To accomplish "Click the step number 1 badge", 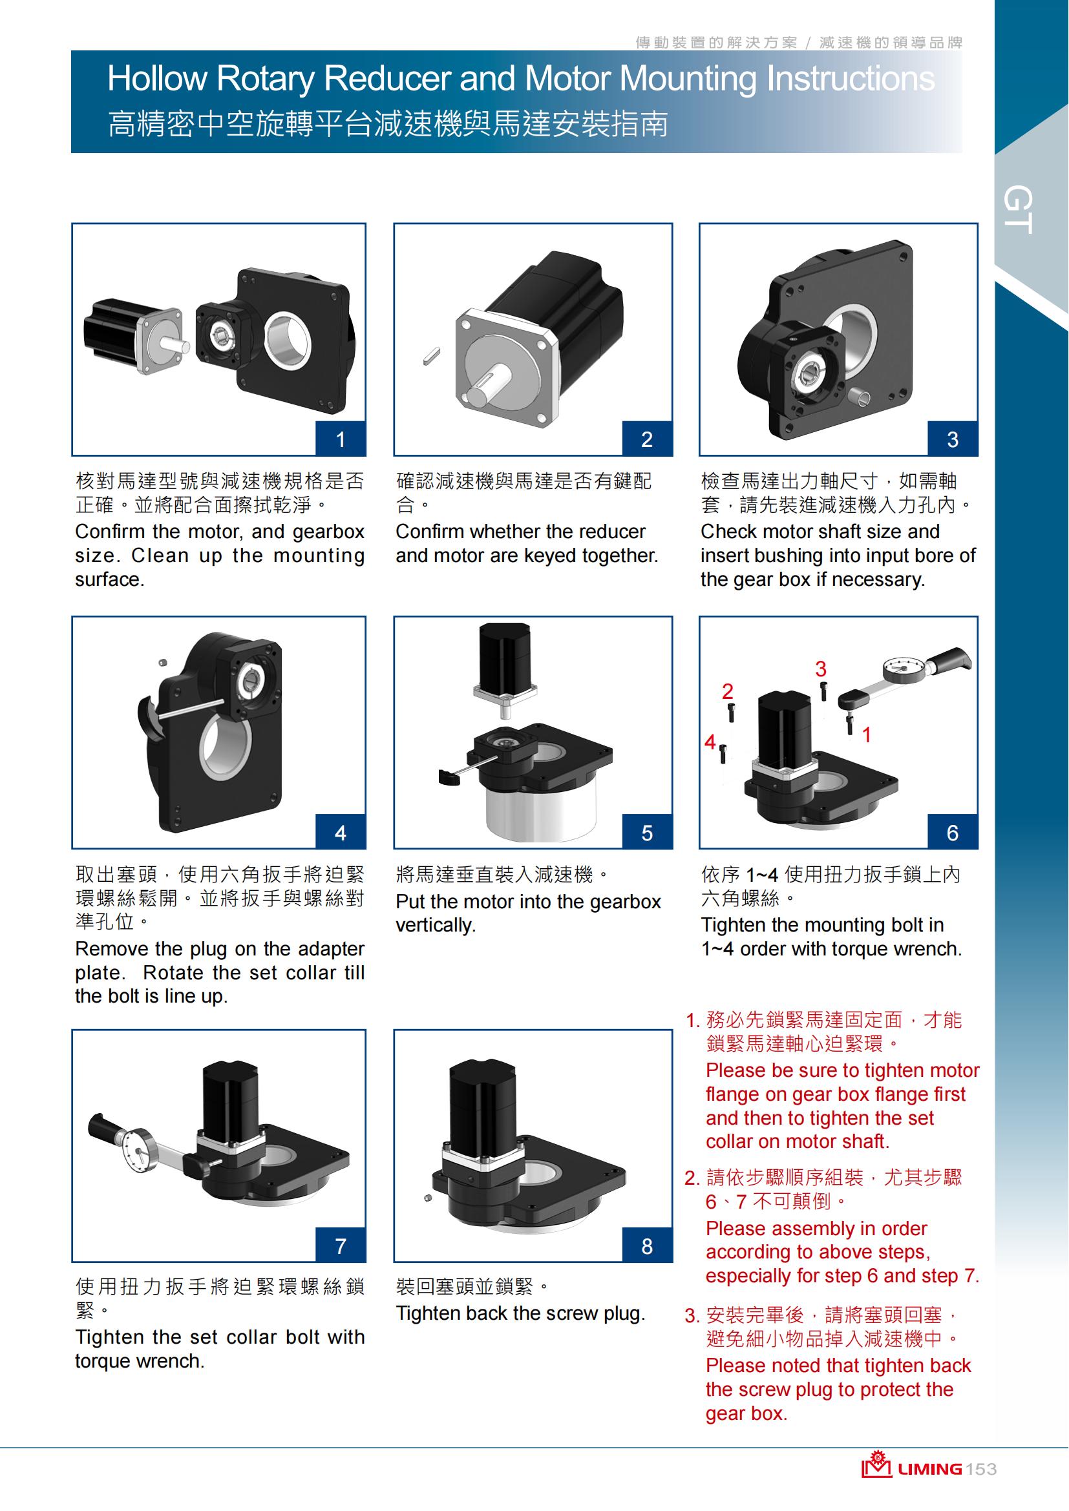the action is [341, 439].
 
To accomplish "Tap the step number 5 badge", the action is [647, 833].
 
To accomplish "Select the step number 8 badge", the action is [647, 1245].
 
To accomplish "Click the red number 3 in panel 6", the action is [820, 669].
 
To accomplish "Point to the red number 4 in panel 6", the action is [710, 742].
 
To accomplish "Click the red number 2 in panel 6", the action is [727, 691].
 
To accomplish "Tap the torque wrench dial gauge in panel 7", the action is [140, 1150].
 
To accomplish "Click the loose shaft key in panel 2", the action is [431, 356].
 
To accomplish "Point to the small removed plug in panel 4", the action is [164, 663].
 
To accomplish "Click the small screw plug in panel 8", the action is [428, 1197].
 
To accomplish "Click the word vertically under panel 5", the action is [435, 925].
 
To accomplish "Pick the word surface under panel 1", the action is [109, 579].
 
